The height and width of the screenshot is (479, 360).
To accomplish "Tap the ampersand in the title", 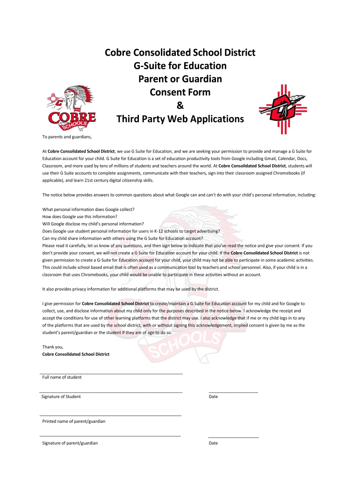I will pos(180,106).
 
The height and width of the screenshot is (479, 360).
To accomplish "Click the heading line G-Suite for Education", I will pos(180,65).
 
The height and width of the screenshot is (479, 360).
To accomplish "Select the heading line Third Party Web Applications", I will pos(180,119).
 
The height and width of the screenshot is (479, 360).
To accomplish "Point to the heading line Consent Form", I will pos(180,92).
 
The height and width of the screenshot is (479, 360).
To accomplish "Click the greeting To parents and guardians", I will pos(67,137).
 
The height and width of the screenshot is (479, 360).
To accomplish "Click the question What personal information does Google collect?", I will pos(88,209).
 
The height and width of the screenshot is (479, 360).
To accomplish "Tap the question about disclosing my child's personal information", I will pos(93,224).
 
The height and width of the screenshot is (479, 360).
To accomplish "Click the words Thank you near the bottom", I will pos(52,347).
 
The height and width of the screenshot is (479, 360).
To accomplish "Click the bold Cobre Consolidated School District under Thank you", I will pos(76,354).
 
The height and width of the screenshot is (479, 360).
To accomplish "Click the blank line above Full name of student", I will pos(111,374).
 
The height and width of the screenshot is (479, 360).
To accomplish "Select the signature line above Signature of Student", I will pos(111,392).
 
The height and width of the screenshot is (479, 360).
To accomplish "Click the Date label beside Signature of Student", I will pos(213,397).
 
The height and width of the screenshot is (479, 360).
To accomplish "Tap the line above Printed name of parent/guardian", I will pos(111,415).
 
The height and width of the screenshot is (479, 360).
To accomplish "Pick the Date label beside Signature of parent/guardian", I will pos(213,443).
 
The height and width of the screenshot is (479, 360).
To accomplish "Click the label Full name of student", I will pos(62,377).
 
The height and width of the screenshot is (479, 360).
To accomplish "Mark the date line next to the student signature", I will pos(233,392).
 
